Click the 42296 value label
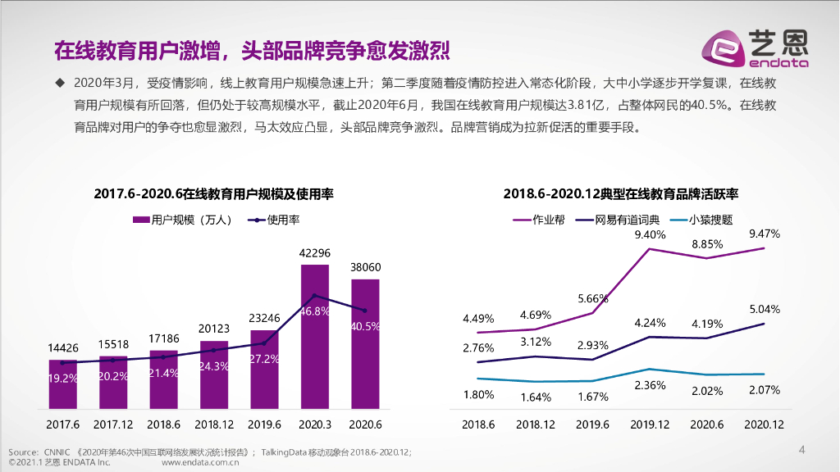tap(314, 252)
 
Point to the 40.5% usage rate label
tap(365, 325)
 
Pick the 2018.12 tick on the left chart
tap(213, 424)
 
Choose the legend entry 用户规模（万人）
tap(182, 220)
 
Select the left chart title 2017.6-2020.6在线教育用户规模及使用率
tap(213, 194)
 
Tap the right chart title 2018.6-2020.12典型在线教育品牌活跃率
tap(621, 194)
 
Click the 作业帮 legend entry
tap(539, 220)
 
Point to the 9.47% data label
tap(764, 234)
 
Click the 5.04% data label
tap(764, 309)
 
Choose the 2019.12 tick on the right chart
tap(649, 424)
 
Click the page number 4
tap(802, 449)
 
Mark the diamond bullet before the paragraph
tap(59, 82)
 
